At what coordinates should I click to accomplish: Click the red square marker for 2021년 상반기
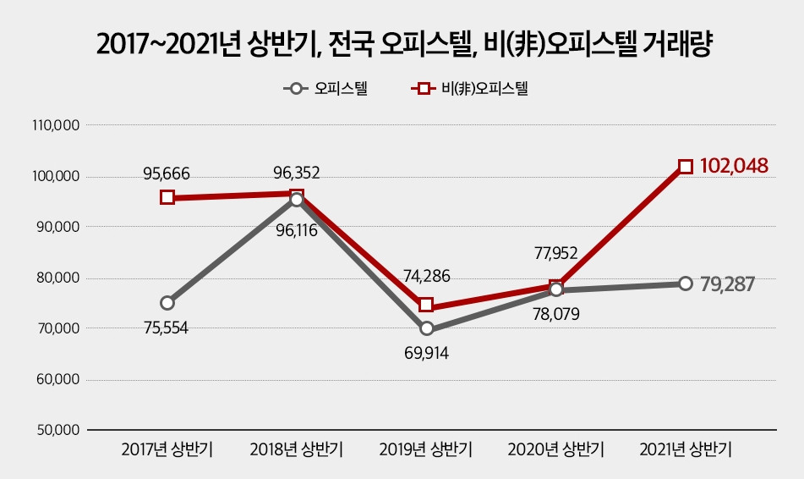[686, 167]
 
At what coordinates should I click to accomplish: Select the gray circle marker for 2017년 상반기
[167, 302]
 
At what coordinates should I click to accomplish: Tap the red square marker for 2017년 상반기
[167, 197]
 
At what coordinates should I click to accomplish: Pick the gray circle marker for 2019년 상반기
[427, 328]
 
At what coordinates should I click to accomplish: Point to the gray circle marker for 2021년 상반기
[686, 284]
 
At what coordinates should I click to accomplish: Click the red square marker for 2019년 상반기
[427, 305]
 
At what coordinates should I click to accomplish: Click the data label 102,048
[734, 165]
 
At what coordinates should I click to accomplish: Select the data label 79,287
[727, 284]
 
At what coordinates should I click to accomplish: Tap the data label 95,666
[167, 174]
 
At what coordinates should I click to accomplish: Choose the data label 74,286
[427, 275]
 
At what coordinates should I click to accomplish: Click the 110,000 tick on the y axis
[56, 126]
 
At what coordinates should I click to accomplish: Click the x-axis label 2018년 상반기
[296, 449]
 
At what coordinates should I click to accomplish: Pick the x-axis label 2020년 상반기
[555, 449]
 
